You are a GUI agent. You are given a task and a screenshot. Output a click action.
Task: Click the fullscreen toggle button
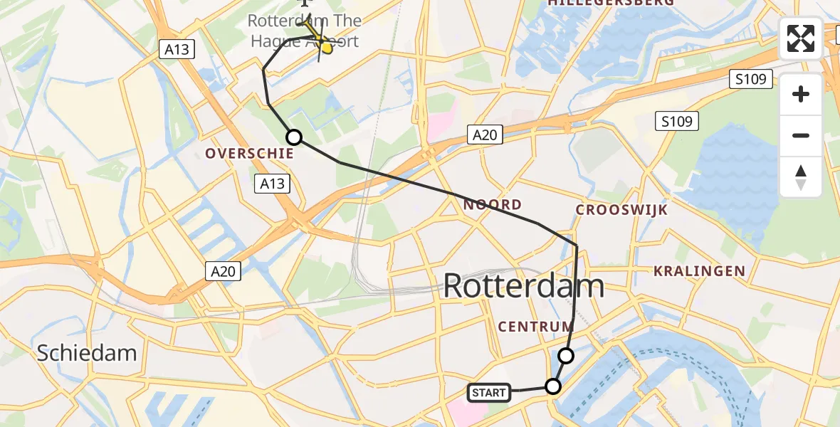point(801,38)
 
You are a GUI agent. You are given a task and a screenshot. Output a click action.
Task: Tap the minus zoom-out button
point(801,135)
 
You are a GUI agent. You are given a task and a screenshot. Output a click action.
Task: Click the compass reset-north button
point(801,177)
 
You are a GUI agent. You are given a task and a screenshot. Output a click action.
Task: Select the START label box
point(489,392)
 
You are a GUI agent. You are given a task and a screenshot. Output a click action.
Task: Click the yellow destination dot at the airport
point(327,48)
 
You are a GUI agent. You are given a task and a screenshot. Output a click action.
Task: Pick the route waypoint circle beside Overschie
point(293,137)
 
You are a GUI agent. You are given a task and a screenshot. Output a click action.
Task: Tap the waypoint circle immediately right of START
point(553,386)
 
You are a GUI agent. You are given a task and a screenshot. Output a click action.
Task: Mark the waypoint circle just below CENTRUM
point(566,355)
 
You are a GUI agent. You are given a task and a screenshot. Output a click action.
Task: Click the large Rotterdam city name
point(523,287)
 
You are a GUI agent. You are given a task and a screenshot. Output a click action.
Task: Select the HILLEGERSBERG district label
point(611,3)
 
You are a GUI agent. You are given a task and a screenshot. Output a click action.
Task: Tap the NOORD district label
point(492,205)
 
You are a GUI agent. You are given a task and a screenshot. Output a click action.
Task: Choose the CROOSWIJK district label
point(621,210)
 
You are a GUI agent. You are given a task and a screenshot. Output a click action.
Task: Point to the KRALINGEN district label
point(699,271)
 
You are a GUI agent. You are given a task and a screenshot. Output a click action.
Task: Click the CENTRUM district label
point(535,327)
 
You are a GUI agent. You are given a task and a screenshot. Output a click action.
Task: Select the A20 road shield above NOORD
point(485,135)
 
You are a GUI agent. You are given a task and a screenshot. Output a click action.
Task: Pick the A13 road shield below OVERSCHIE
point(272,184)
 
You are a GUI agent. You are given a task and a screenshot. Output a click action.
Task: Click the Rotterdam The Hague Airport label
point(304,31)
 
